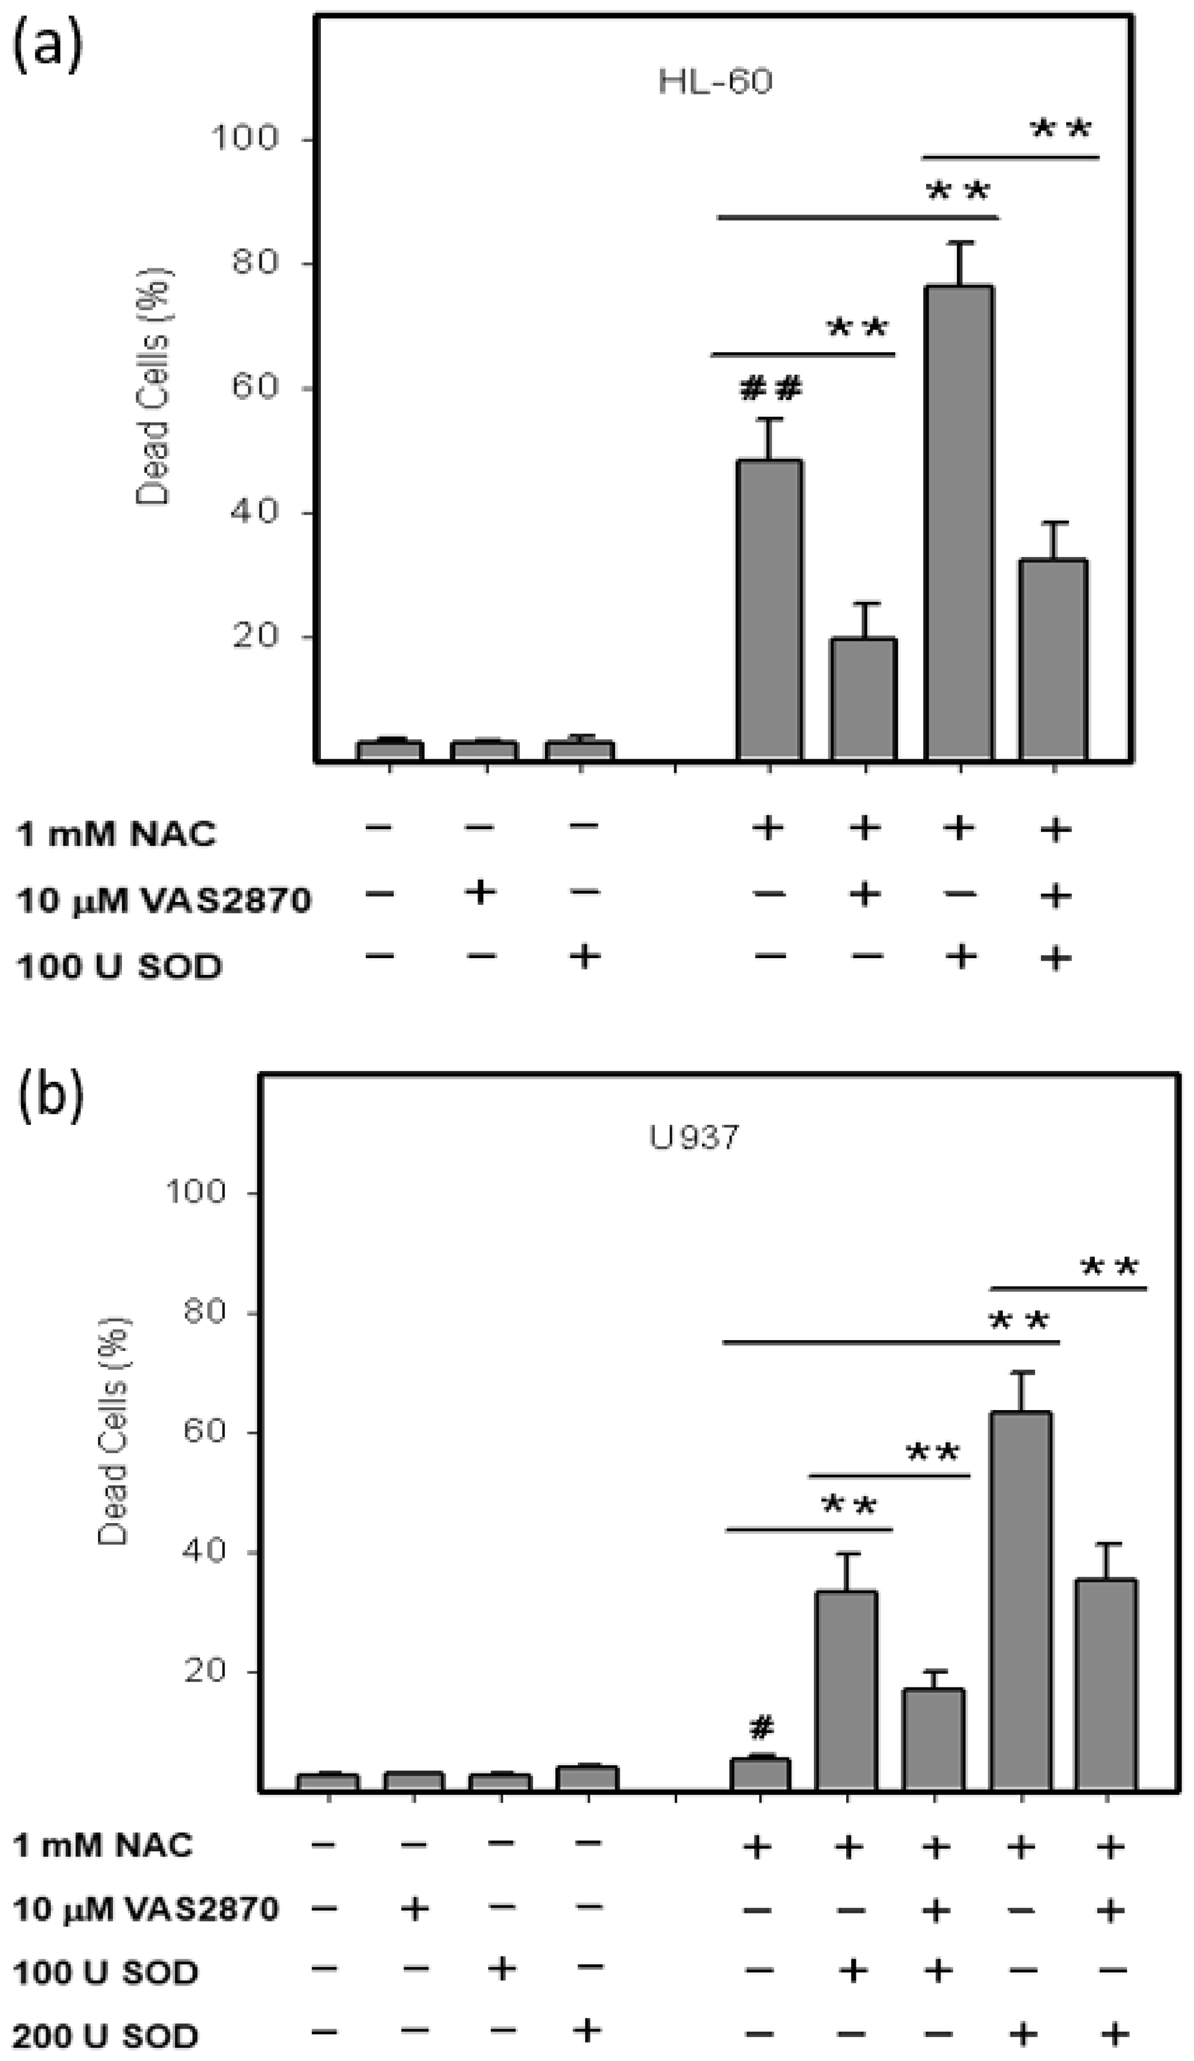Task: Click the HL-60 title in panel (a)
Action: [x=715, y=82]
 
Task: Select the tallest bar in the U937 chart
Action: [x=1021, y=1603]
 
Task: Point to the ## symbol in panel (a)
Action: [x=770, y=389]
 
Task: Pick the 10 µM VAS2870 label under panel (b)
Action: [x=146, y=1910]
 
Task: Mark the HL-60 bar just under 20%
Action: [x=864, y=699]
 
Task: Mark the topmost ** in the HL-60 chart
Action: [x=1061, y=129]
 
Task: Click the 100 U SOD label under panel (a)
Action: [x=120, y=967]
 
